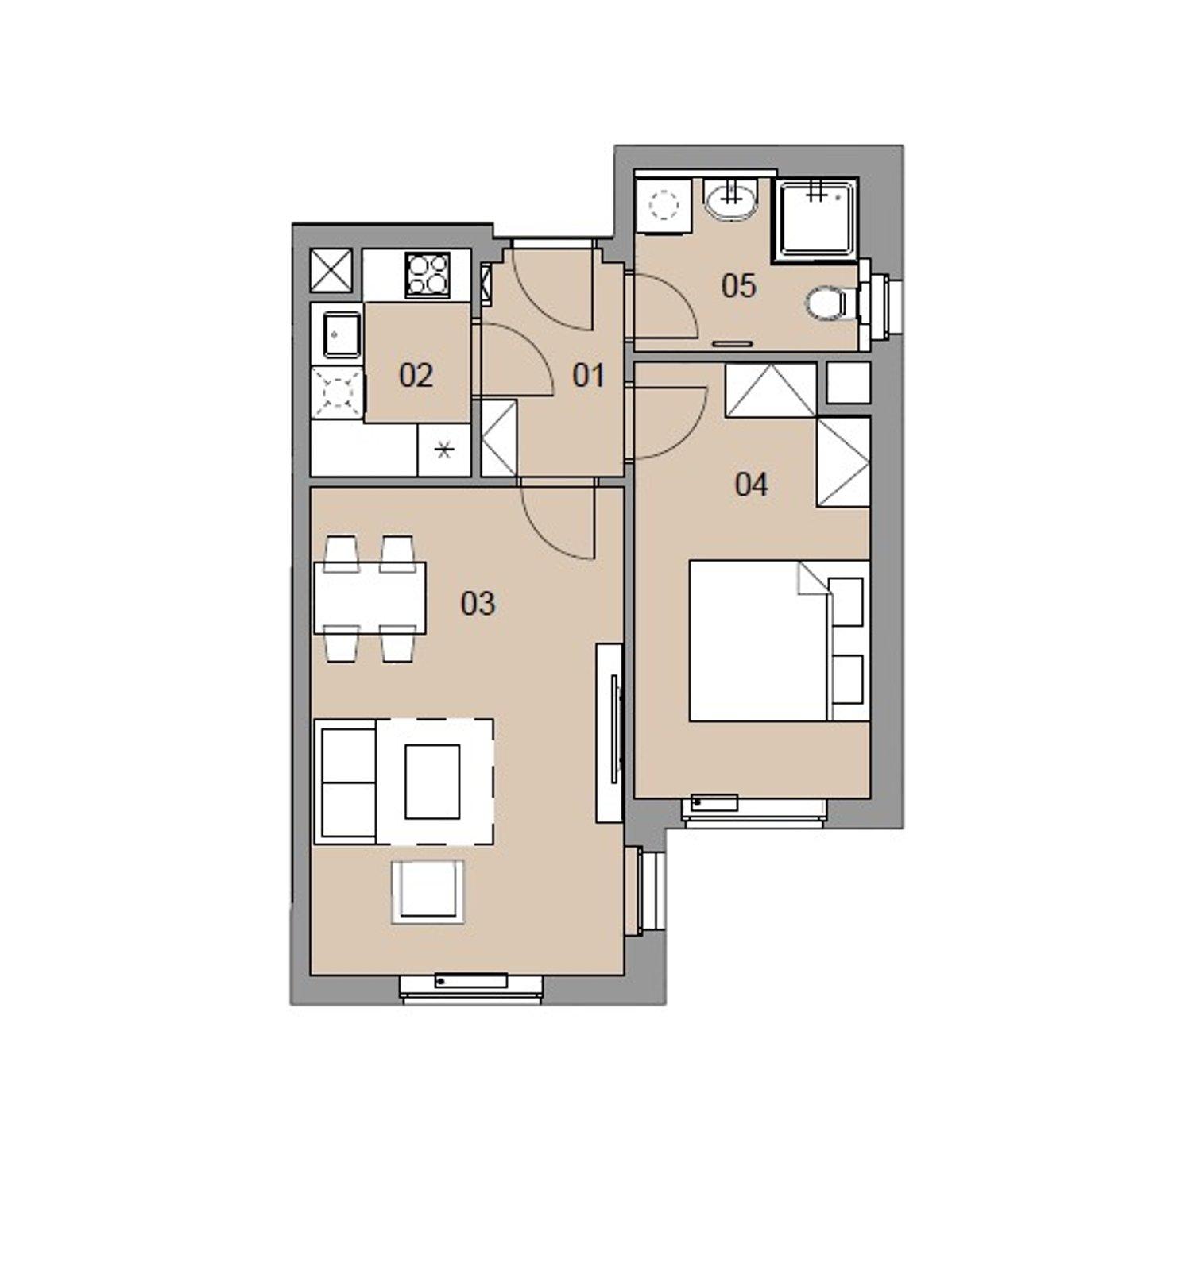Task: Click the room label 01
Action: pos(588,375)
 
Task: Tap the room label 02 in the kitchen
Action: pos(416,375)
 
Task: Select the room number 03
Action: pos(478,604)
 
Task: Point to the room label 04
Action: pos(751,484)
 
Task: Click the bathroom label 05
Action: pos(738,286)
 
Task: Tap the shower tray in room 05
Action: pos(816,219)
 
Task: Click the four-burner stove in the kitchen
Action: pos(427,274)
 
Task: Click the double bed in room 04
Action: pos(779,641)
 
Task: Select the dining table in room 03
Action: pos(370,597)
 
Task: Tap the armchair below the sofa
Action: pos(428,890)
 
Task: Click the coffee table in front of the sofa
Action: pos(432,782)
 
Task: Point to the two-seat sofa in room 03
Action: pos(346,782)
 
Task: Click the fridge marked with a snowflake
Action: pos(444,450)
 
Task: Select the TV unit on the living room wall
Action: pos(609,733)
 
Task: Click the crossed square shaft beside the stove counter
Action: pos(331,269)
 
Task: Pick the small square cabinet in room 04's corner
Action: pos(849,383)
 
